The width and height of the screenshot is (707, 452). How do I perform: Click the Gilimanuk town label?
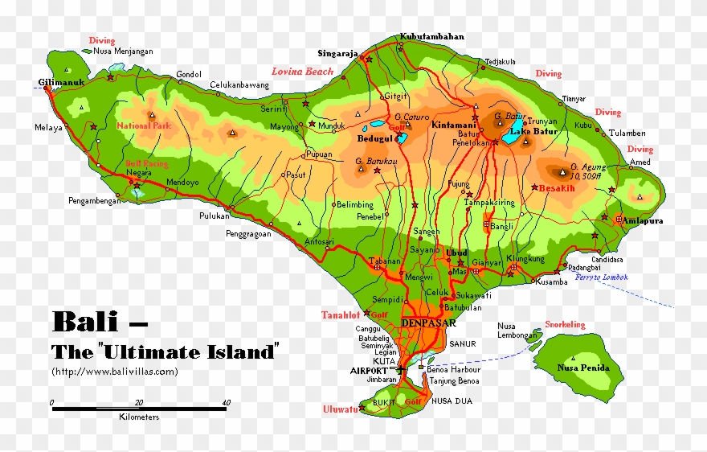pos(61,82)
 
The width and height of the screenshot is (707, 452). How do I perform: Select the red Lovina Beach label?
pos(302,72)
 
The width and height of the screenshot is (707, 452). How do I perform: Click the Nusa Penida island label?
pos(583,368)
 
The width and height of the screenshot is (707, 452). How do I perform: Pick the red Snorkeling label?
pos(566,325)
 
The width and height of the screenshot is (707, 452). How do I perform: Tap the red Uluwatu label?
pos(340,409)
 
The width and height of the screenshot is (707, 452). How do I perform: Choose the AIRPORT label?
pos(369,371)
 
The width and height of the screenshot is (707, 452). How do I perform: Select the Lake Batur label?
pos(533,131)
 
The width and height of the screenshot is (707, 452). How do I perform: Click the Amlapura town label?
pos(641,220)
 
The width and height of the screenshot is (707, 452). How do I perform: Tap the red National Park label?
pos(144,126)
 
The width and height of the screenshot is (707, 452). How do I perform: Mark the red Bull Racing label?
pos(147,163)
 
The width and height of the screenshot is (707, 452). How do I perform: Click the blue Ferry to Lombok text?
pos(602,277)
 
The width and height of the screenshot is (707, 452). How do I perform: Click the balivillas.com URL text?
pos(114,372)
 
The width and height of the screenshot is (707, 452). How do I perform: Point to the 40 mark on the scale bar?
pos(226,402)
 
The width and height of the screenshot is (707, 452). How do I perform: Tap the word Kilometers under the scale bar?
pos(139,417)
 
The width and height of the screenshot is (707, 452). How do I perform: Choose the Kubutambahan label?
pos(431,37)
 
